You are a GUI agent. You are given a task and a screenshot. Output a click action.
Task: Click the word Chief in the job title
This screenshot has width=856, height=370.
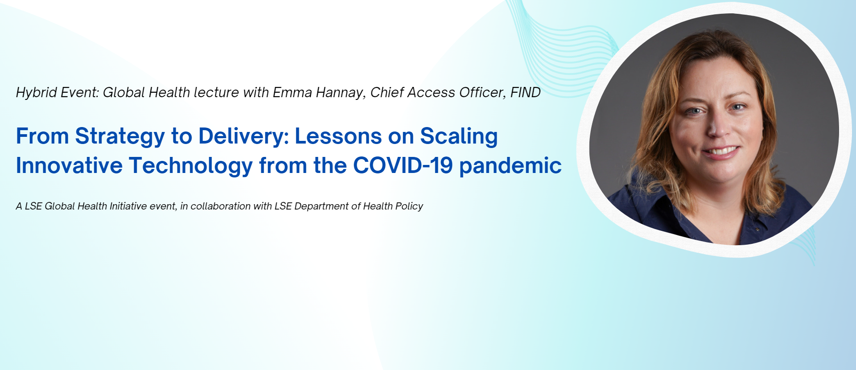387,92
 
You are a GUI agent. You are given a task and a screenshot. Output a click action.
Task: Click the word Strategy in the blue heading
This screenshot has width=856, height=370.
120,137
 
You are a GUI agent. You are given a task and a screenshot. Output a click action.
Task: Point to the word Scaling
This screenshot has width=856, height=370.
459,137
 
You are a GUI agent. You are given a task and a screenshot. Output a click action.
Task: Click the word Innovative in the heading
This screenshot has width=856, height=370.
69,165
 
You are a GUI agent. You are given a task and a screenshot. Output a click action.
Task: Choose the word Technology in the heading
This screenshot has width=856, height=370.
191,166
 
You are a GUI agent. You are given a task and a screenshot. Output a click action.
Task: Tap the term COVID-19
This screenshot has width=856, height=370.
403,165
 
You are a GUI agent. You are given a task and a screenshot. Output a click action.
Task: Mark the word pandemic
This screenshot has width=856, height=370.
510,166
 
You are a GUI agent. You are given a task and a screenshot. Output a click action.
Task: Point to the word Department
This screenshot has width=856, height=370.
321,206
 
